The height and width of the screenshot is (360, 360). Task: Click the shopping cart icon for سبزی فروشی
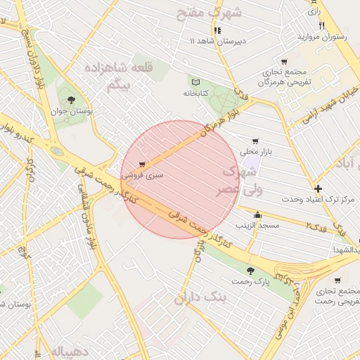(x=143, y=165)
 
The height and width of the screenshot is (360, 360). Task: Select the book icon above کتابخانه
(x=195, y=82)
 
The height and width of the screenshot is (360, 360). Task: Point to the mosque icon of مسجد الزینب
(x=257, y=215)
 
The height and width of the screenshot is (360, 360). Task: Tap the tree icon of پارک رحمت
(x=250, y=271)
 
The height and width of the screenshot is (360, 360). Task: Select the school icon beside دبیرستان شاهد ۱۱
(x=217, y=30)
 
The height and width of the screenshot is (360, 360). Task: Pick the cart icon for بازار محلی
(x=254, y=140)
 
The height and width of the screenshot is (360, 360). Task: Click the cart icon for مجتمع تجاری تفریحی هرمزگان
(x=283, y=62)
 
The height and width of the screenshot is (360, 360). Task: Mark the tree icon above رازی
(x=311, y=2)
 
